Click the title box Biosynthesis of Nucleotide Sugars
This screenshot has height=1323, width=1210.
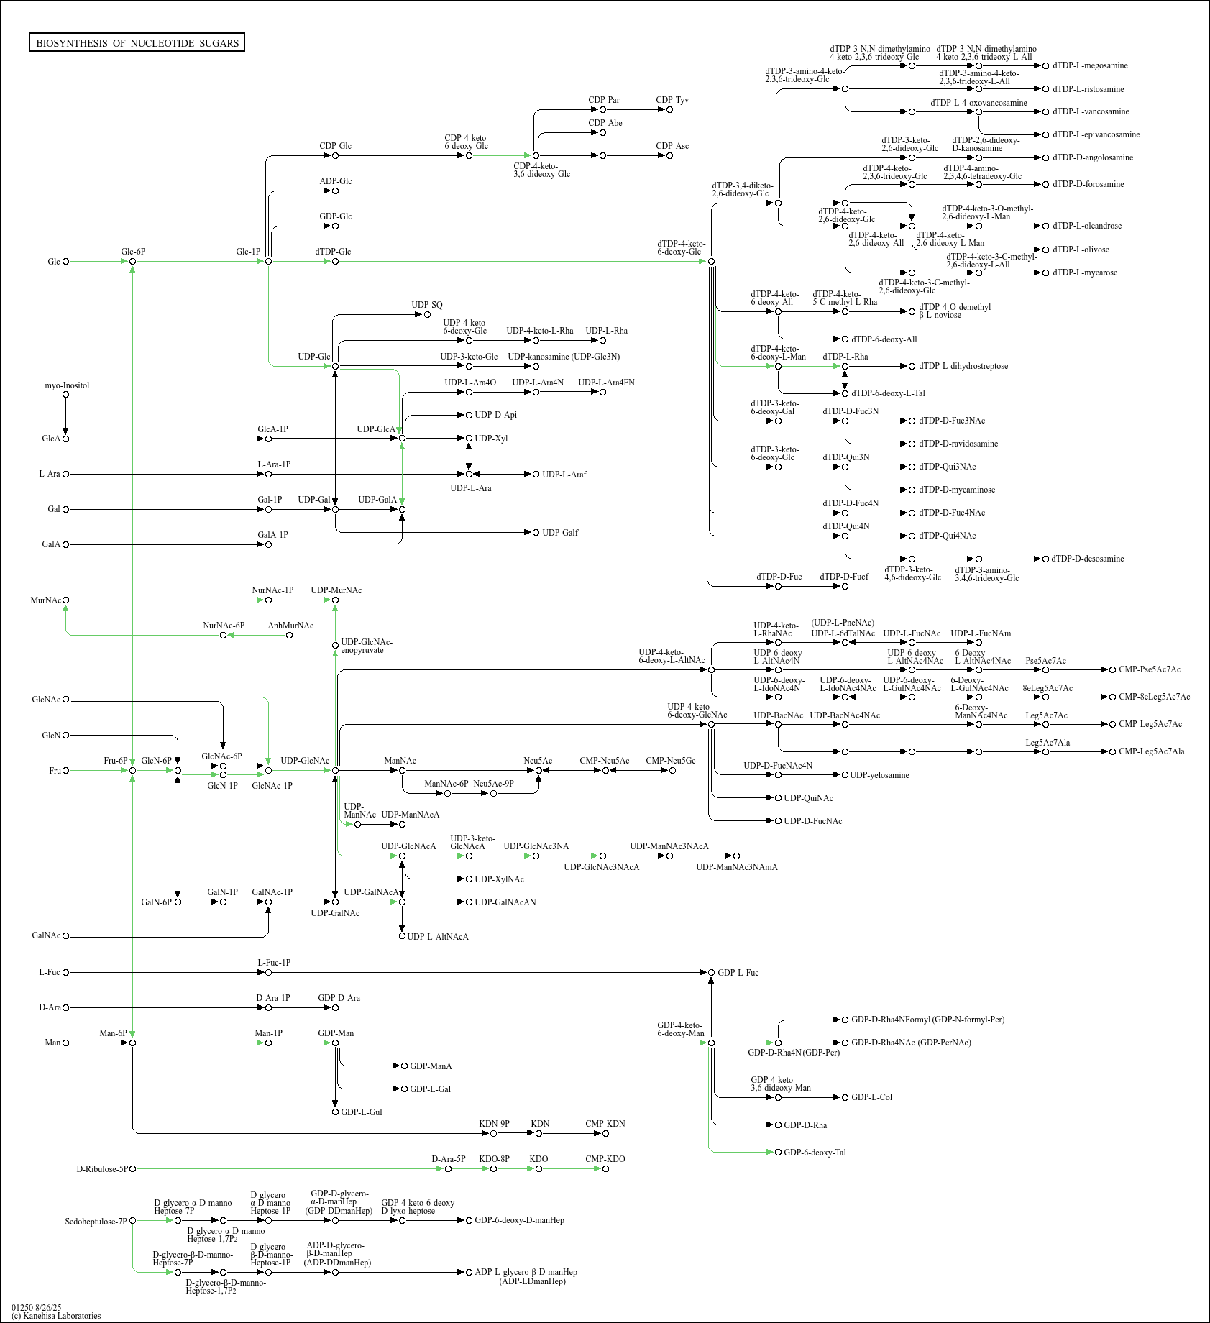point(137,43)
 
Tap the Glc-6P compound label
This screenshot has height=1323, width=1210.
point(133,252)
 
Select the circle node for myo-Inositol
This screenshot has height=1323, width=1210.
point(66,395)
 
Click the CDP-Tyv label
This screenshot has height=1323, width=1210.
point(672,100)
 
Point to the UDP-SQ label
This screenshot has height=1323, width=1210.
point(427,305)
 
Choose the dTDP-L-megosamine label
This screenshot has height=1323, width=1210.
point(1090,65)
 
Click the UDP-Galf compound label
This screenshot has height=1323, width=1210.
point(560,533)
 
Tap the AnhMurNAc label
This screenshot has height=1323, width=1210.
point(290,626)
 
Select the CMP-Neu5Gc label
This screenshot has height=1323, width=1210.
point(671,761)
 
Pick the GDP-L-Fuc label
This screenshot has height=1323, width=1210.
point(738,973)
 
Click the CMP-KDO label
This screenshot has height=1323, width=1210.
point(605,1159)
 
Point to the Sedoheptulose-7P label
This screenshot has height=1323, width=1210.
point(96,1222)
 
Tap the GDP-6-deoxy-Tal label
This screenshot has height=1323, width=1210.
point(815,1153)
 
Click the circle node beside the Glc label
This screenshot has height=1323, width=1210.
point(66,262)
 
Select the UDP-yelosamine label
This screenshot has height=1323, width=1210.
point(879,775)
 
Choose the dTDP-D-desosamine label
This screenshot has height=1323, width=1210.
point(1088,559)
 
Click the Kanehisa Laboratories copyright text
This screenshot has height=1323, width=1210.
point(56,1316)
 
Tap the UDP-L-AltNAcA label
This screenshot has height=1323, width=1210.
point(438,937)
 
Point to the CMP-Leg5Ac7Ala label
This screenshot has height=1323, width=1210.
point(1152,751)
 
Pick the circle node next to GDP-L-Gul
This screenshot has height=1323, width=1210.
point(335,1112)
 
